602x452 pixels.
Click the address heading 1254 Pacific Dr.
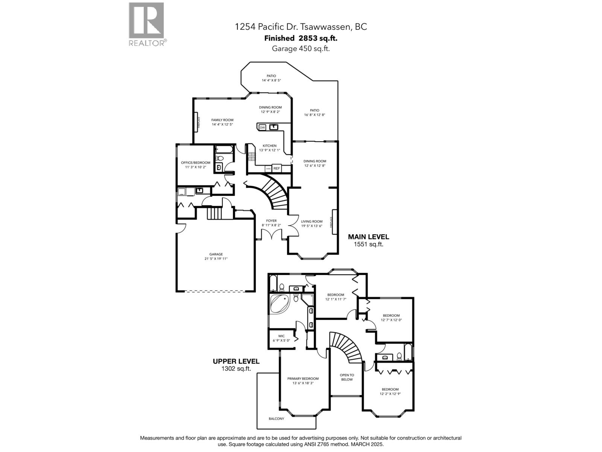(x=301, y=27)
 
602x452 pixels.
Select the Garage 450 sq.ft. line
(x=301, y=48)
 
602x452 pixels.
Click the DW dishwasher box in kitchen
(x=262, y=128)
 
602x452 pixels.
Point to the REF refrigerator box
(x=277, y=168)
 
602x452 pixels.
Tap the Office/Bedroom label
(x=195, y=163)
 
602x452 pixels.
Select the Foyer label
(x=271, y=221)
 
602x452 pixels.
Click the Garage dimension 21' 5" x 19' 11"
(x=216, y=259)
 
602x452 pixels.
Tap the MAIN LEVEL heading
(x=368, y=237)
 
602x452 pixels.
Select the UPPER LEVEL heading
(x=236, y=361)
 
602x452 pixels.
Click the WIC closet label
(x=281, y=336)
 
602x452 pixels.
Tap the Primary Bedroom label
(x=303, y=379)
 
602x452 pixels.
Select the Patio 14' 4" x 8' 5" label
(x=271, y=76)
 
